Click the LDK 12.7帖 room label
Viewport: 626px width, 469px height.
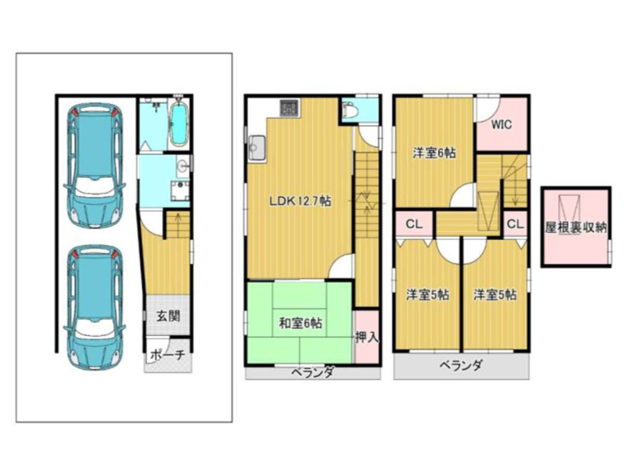(300, 201)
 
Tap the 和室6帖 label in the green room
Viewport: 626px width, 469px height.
(300, 323)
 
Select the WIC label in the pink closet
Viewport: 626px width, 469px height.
(501, 125)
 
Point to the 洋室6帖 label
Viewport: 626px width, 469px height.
(434, 152)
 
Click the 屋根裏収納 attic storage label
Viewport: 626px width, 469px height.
(576, 227)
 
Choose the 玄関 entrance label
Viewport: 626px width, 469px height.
(167, 317)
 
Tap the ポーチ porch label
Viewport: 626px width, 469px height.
(168, 355)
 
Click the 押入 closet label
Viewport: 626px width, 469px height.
(366, 338)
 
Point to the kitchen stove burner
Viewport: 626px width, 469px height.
(289, 108)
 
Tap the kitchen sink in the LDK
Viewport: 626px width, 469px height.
(257, 149)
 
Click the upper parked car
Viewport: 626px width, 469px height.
(95, 166)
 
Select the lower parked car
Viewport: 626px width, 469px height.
(95, 308)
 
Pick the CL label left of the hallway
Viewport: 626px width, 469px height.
(414, 224)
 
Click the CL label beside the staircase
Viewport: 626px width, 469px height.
(515, 224)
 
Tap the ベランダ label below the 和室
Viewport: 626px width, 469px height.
(311, 373)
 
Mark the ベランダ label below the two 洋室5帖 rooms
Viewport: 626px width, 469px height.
(461, 365)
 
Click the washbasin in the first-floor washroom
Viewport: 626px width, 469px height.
(183, 165)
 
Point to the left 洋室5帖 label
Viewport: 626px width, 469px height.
(427, 295)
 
